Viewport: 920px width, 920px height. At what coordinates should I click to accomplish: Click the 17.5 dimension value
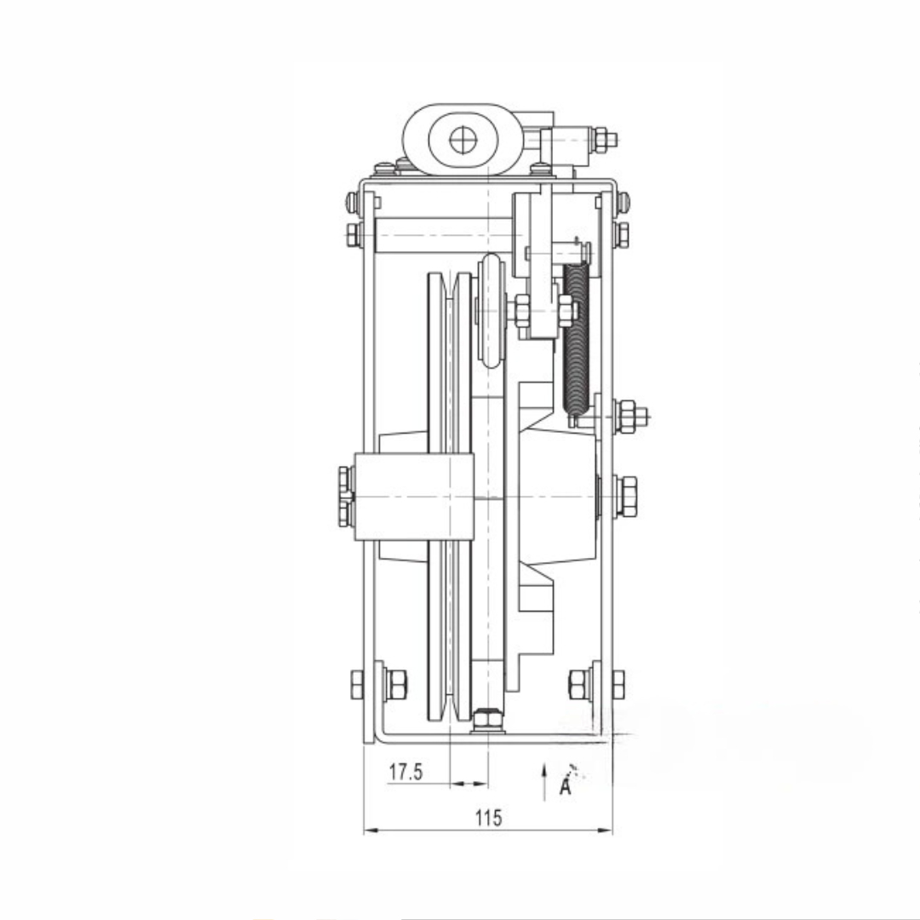click(405, 772)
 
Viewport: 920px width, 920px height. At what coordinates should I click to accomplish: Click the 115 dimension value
click(489, 817)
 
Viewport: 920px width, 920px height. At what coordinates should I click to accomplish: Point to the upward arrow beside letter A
click(544, 781)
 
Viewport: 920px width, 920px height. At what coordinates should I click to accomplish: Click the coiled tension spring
click(576, 339)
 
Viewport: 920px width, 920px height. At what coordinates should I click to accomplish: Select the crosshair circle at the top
click(463, 141)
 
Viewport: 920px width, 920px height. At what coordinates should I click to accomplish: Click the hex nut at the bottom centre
click(487, 719)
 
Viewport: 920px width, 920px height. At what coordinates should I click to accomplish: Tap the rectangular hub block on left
click(414, 497)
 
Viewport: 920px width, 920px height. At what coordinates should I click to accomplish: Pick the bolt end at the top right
click(605, 140)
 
